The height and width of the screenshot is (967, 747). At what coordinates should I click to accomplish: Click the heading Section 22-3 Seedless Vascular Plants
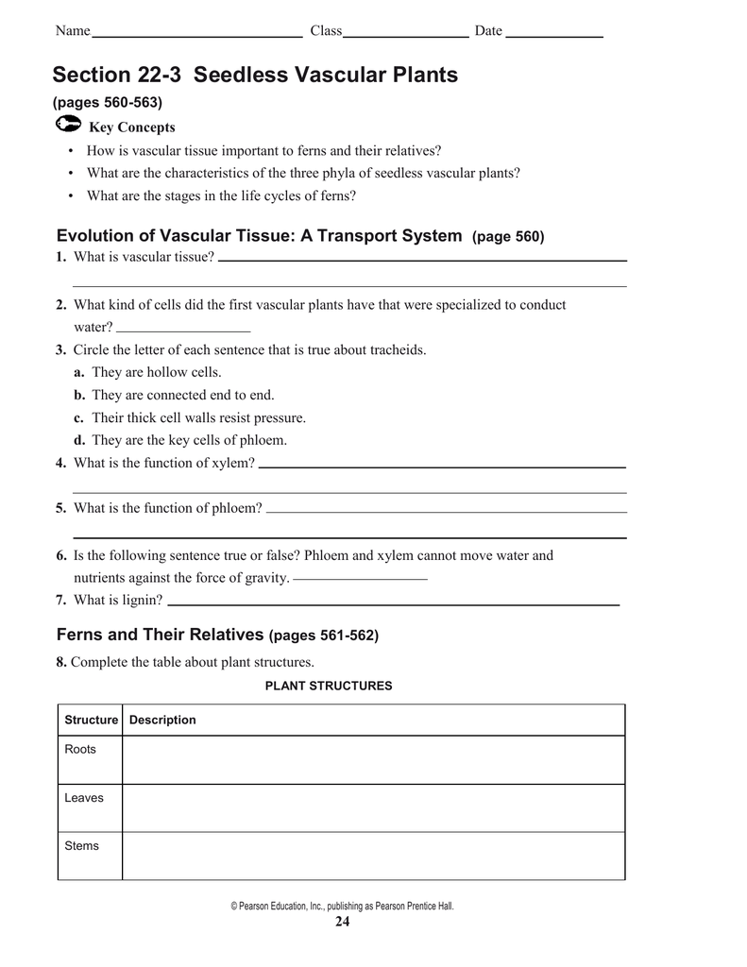click(x=255, y=75)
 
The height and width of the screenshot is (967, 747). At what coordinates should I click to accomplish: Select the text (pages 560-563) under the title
click(x=108, y=102)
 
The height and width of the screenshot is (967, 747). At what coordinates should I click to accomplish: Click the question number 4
click(x=60, y=463)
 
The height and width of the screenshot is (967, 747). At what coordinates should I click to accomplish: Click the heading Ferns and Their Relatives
click(x=160, y=636)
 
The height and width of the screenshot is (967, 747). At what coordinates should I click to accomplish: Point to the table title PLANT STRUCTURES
click(x=329, y=686)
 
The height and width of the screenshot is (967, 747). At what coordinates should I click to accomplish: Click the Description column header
click(x=162, y=721)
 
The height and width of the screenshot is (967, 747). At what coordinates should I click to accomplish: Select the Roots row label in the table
click(x=80, y=750)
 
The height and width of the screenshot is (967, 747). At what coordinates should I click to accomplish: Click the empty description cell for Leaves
click(x=373, y=807)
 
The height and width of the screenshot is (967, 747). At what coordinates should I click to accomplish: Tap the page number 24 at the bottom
click(x=342, y=923)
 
